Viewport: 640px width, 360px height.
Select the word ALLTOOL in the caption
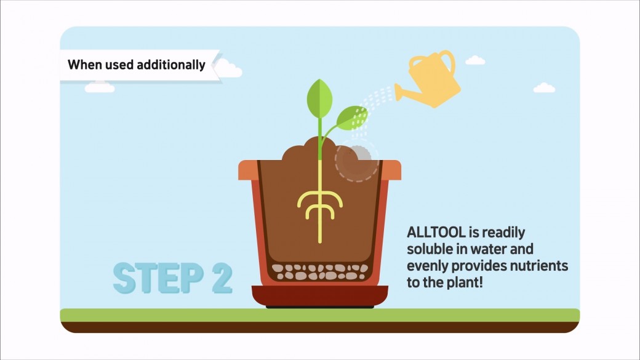point(436,232)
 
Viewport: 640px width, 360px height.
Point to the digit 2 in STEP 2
point(222,278)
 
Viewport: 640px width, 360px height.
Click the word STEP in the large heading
point(158,278)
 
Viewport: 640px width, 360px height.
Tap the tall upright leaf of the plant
point(319,98)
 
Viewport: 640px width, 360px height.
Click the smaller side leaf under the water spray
point(351,118)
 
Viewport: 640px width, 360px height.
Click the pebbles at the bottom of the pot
point(320,272)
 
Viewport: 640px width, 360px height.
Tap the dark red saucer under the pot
point(320,296)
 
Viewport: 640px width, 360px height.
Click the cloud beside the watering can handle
point(475,60)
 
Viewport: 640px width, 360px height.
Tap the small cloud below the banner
point(100,87)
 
